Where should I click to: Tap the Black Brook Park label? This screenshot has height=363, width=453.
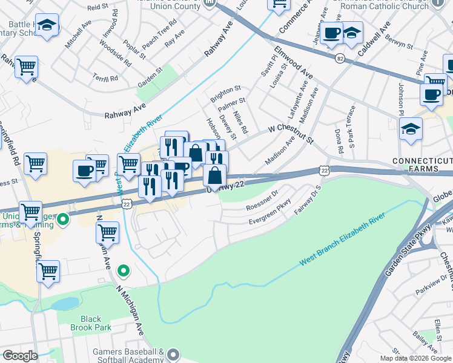coord(91,323)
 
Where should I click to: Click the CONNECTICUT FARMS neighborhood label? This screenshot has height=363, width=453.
coord(422,165)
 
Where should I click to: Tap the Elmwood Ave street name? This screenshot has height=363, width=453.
coord(293,62)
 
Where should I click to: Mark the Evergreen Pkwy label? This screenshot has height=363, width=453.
coord(269,217)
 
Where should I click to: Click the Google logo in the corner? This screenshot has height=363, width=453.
coord(19,356)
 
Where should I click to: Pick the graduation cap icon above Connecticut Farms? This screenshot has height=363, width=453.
coord(411,129)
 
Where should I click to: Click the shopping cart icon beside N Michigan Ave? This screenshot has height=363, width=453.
coord(107,232)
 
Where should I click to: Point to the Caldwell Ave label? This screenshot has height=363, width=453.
coord(372,41)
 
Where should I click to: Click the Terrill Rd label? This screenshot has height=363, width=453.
coord(106,78)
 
